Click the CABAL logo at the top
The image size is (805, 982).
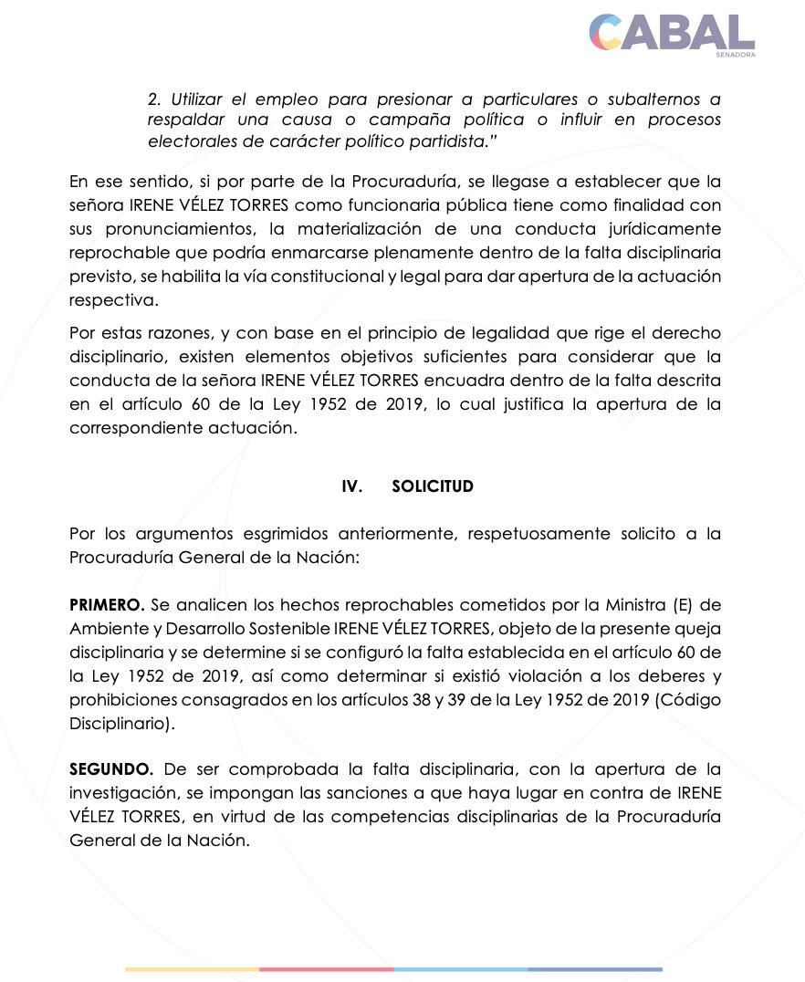(x=671, y=32)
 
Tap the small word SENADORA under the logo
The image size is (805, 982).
(x=735, y=55)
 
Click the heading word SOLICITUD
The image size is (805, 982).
(x=433, y=486)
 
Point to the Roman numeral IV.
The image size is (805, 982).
(x=351, y=486)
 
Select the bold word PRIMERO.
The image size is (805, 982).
(x=106, y=605)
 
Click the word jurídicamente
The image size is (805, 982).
(x=664, y=229)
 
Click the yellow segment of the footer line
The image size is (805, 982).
(x=192, y=969)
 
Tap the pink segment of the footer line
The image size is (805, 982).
(x=327, y=969)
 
